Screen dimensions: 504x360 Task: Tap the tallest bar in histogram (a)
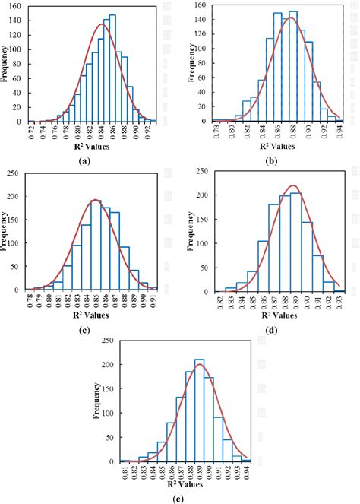(112, 68)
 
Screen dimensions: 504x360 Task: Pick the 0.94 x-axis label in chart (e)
(246, 473)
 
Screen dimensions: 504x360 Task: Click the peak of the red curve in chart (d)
(295, 185)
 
